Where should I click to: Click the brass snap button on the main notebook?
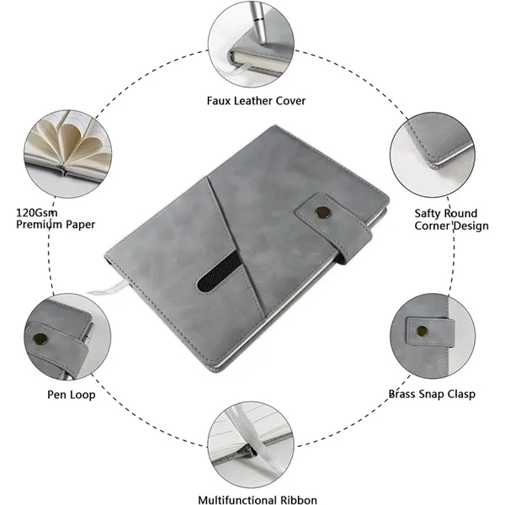322,211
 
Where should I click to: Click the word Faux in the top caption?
219,101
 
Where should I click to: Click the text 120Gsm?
37,213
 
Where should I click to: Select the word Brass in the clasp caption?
401,394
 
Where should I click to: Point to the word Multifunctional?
237,500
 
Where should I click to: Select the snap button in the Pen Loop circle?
40,339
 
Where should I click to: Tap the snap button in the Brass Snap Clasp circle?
422,331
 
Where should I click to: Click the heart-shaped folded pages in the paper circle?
72,144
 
